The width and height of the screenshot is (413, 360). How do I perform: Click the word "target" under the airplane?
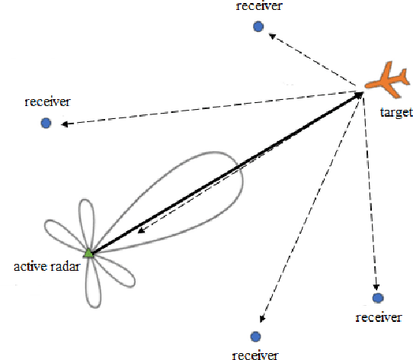tap(395, 113)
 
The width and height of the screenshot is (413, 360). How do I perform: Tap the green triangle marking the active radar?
tap(88, 252)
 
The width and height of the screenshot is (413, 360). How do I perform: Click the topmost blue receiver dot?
tap(258, 27)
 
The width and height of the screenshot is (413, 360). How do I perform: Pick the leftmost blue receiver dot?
tap(46, 122)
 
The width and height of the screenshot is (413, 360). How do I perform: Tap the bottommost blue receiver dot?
tap(255, 336)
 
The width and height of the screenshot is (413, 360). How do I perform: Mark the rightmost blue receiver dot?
tap(376, 297)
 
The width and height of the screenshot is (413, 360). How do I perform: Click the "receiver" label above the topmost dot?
tap(259, 7)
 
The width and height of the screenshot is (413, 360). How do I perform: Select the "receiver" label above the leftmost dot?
tap(47, 101)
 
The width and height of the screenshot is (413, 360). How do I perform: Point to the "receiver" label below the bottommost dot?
tap(255, 354)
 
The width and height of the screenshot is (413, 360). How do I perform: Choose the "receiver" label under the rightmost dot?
tap(378, 317)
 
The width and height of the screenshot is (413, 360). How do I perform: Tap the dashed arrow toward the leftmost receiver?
tap(206, 108)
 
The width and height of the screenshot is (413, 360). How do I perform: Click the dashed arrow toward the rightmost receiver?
tap(369, 191)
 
